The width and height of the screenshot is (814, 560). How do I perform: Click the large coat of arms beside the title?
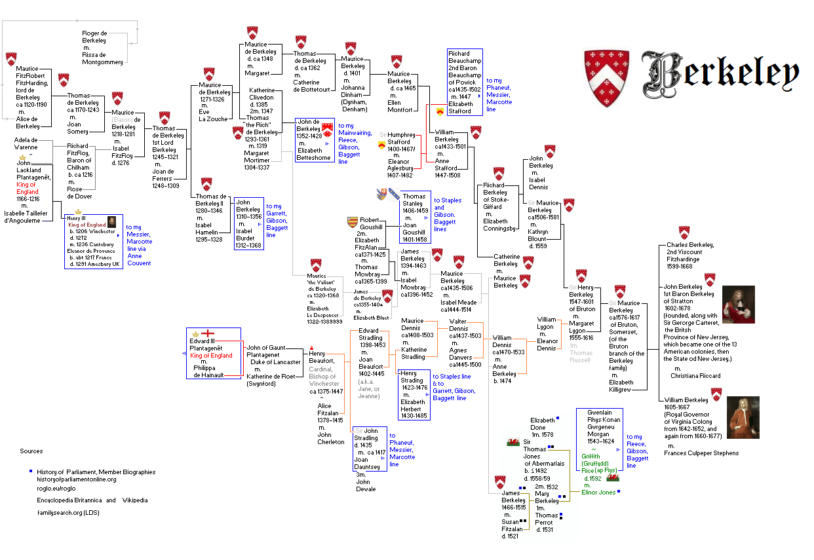coord(606,78)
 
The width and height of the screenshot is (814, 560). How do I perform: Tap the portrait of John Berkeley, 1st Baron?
coord(738,305)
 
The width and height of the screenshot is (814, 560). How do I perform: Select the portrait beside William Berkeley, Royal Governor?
coord(743,417)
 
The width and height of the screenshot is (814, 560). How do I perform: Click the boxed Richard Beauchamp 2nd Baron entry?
coord(465,82)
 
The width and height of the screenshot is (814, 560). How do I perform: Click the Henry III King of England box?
coord(93,242)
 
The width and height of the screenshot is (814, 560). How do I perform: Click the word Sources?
coord(31,451)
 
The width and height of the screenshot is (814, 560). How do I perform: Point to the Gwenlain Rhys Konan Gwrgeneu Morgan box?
coord(599,439)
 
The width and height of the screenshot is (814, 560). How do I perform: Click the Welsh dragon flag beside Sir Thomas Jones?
coord(513,443)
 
